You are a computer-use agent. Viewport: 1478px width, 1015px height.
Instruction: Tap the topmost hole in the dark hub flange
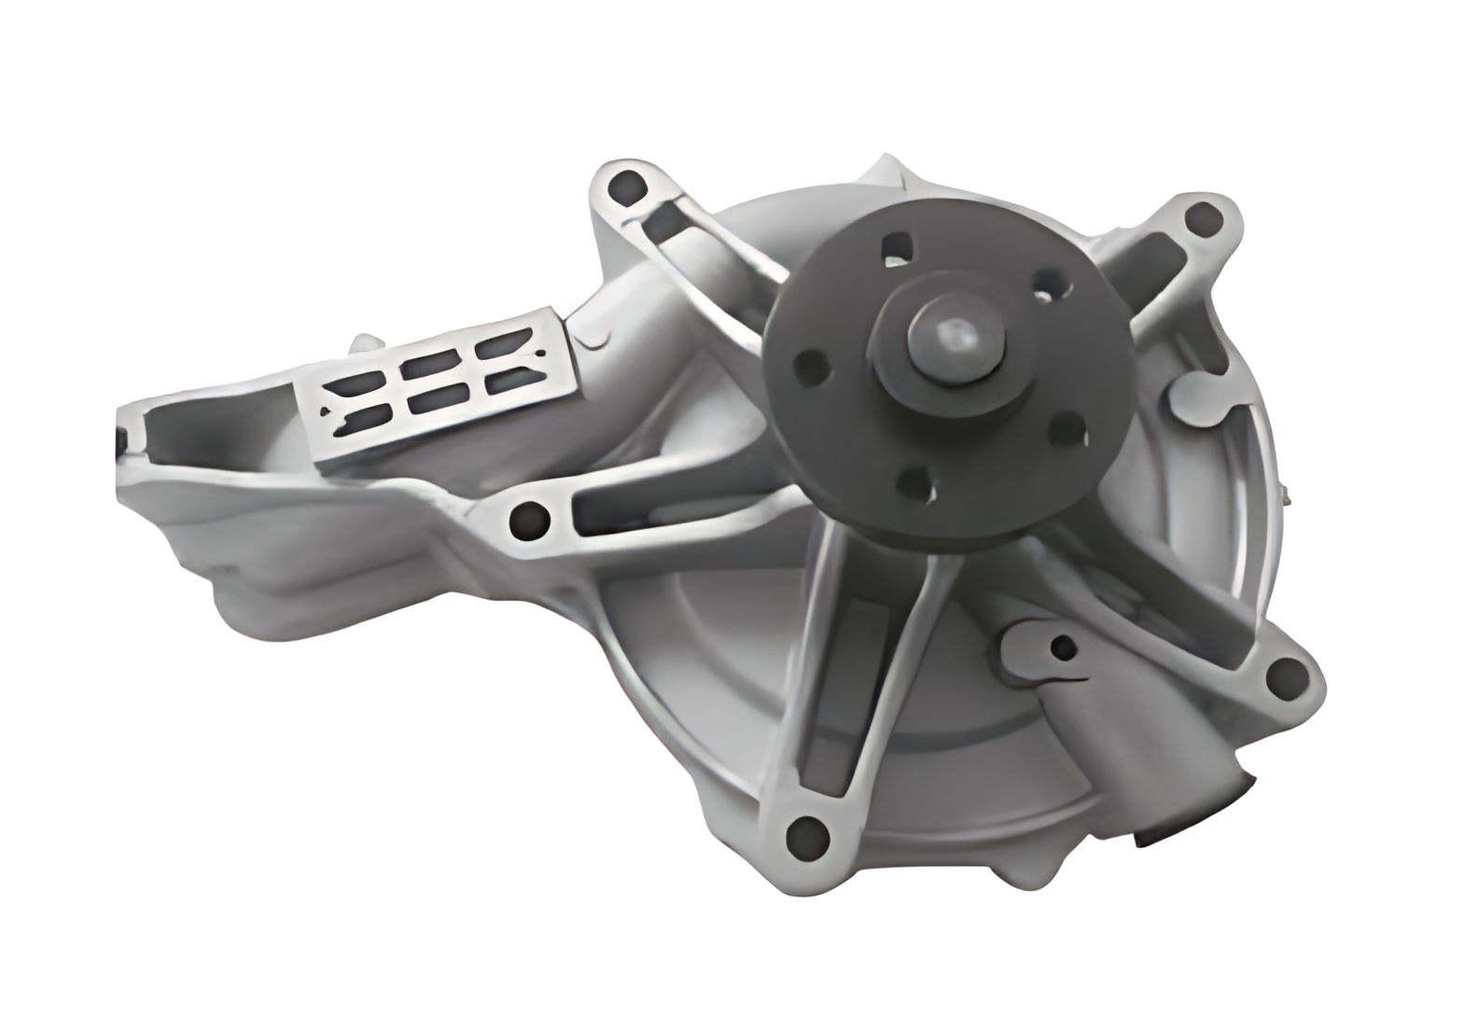[897, 245]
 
